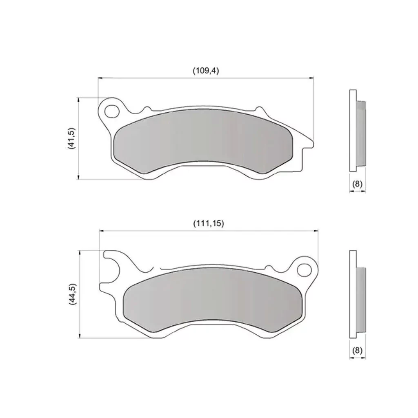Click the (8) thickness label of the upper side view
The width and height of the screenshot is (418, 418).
pyautogui.click(x=357, y=184)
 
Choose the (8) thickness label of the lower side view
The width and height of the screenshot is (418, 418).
pyautogui.click(x=357, y=350)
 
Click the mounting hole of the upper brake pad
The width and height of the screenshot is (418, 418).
pyautogui.click(x=112, y=111)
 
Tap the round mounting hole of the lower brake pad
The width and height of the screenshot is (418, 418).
pyautogui.click(x=304, y=269)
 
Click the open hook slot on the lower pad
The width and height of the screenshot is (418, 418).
pyautogui.click(x=112, y=270)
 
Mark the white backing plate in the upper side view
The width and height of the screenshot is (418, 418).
pyautogui.click(x=353, y=131)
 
